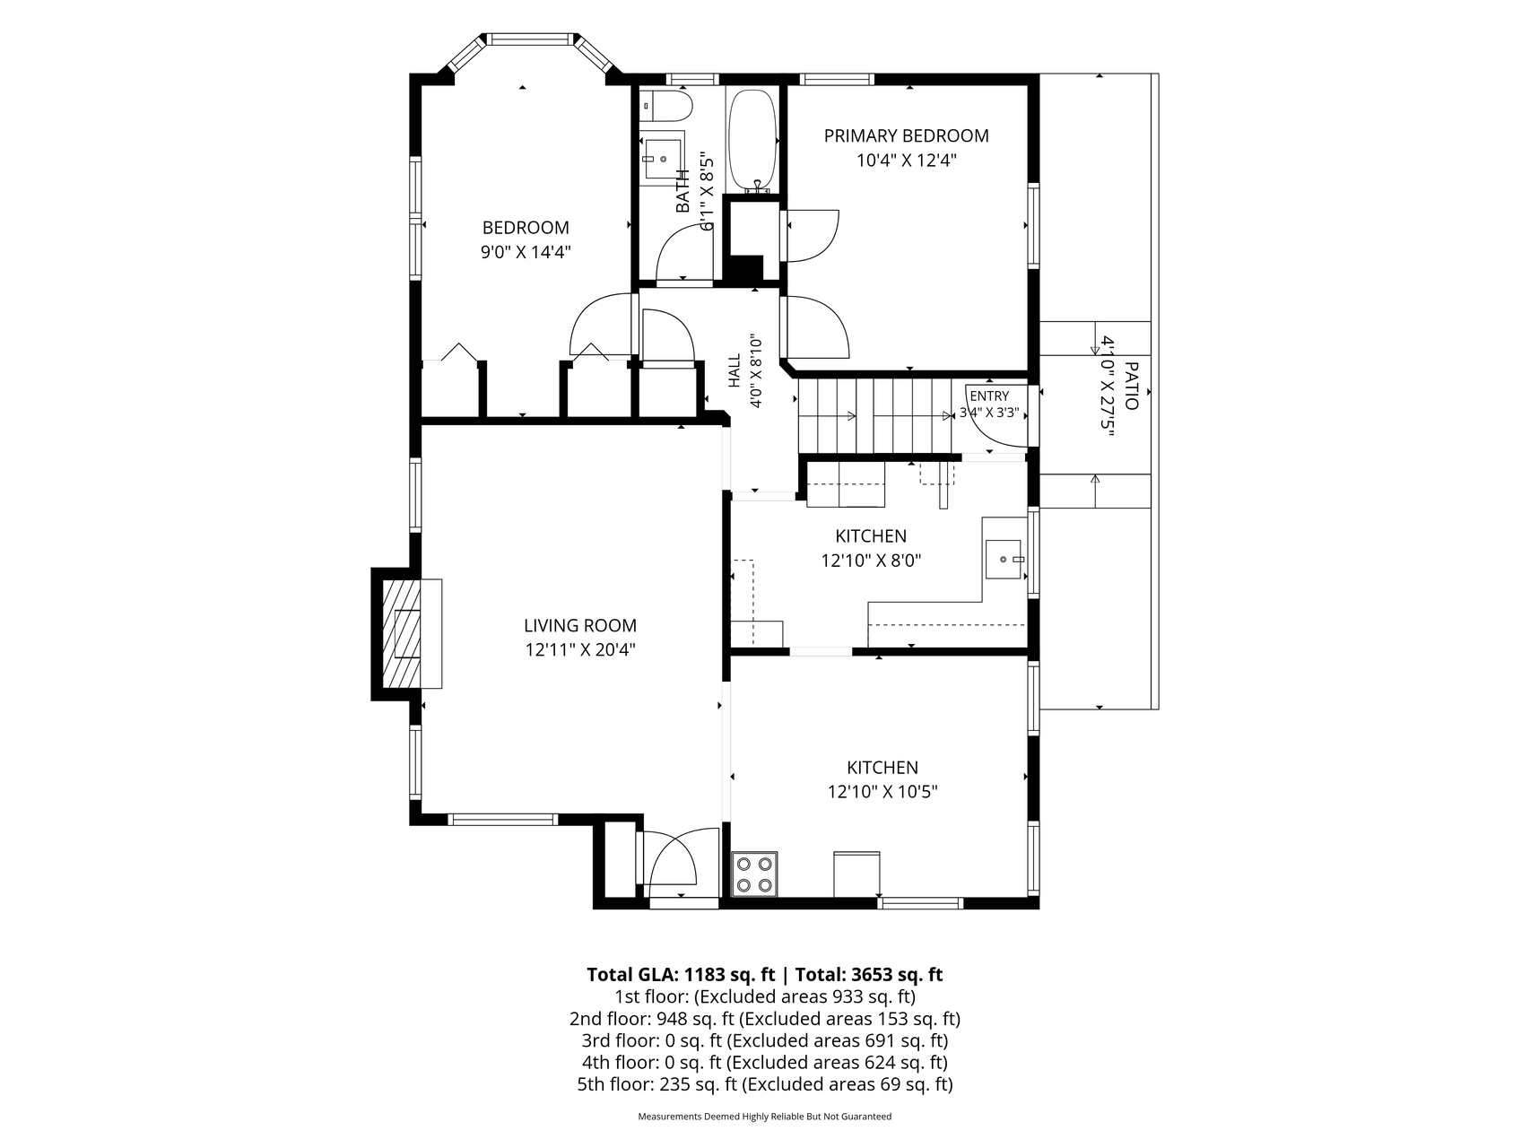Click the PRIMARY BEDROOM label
point(906,135)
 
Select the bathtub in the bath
point(752,141)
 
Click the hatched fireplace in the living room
point(407,633)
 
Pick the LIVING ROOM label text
point(580,626)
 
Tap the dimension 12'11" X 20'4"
point(580,650)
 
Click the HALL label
point(735,370)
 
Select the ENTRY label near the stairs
point(989,396)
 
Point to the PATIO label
point(1131,386)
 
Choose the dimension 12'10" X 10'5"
point(882,792)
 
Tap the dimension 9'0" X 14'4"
point(526,252)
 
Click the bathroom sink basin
point(662,159)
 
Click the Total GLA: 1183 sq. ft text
point(680,975)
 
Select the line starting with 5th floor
point(765,1084)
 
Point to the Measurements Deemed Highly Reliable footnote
point(765,1118)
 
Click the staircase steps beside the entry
point(875,417)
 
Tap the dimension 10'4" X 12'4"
point(907,161)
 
